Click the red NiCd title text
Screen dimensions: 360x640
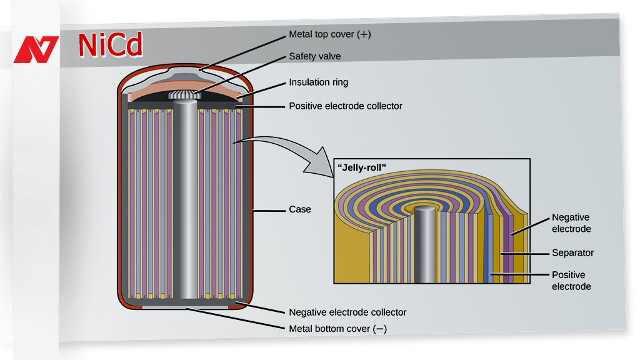111,44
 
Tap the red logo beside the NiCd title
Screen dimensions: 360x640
36,50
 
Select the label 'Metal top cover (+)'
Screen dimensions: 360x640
329,35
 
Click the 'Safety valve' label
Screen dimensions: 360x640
314,56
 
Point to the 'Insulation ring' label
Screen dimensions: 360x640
318,82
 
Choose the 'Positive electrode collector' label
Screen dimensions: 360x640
345,106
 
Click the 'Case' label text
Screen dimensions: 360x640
299,209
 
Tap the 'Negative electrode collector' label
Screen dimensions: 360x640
347,312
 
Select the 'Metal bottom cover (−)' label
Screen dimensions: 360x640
337,329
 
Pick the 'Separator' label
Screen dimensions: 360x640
572,253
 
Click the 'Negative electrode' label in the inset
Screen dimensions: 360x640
571,223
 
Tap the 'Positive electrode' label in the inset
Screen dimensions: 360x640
571,281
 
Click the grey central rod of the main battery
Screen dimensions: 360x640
185,200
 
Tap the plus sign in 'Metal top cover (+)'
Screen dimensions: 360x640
364,35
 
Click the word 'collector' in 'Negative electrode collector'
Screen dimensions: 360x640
387,312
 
